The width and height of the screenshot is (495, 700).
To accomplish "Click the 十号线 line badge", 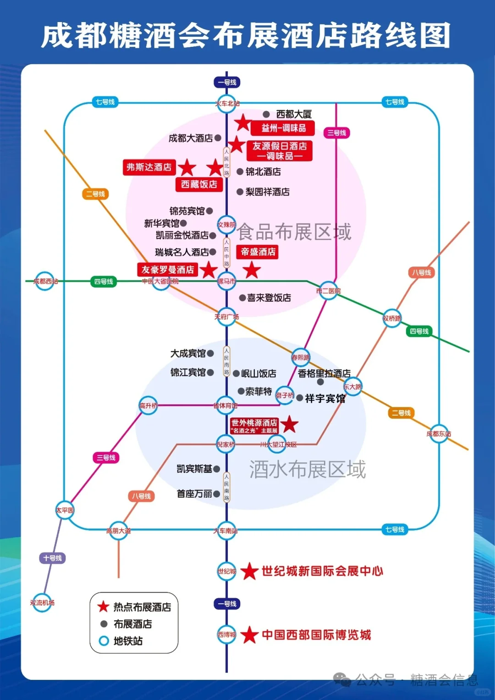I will point(52,558).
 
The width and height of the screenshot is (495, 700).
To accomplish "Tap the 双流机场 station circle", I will point(42,602).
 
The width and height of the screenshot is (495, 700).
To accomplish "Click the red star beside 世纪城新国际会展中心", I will point(249,571).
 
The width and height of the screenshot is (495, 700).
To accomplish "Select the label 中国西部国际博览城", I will point(316,635).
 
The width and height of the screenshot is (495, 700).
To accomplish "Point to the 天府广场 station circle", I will point(226,317).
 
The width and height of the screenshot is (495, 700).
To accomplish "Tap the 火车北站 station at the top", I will point(227,104).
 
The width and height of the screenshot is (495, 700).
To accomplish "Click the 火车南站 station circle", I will point(226,531).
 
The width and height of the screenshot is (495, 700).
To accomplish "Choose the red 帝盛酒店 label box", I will point(258,252).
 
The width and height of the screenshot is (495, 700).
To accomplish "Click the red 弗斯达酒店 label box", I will point(149,167).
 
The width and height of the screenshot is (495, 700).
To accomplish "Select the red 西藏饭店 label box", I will point(199,184).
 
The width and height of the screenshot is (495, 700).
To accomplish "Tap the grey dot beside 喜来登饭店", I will point(242,298).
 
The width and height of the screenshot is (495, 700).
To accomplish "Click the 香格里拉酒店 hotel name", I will point(324,373).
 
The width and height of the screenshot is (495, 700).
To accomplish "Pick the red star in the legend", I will point(104,607).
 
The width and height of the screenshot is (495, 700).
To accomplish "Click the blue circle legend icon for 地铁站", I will point(104,641).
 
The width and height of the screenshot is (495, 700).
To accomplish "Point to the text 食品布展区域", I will point(294,232).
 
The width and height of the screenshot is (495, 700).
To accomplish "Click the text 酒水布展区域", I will point(308,469).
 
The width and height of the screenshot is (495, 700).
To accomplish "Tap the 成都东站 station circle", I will point(439,433).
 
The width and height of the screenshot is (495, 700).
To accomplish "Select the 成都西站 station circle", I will point(45,281).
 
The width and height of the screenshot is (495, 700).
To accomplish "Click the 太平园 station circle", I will point(65,510).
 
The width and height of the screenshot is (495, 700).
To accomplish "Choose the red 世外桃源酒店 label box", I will point(254,426).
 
